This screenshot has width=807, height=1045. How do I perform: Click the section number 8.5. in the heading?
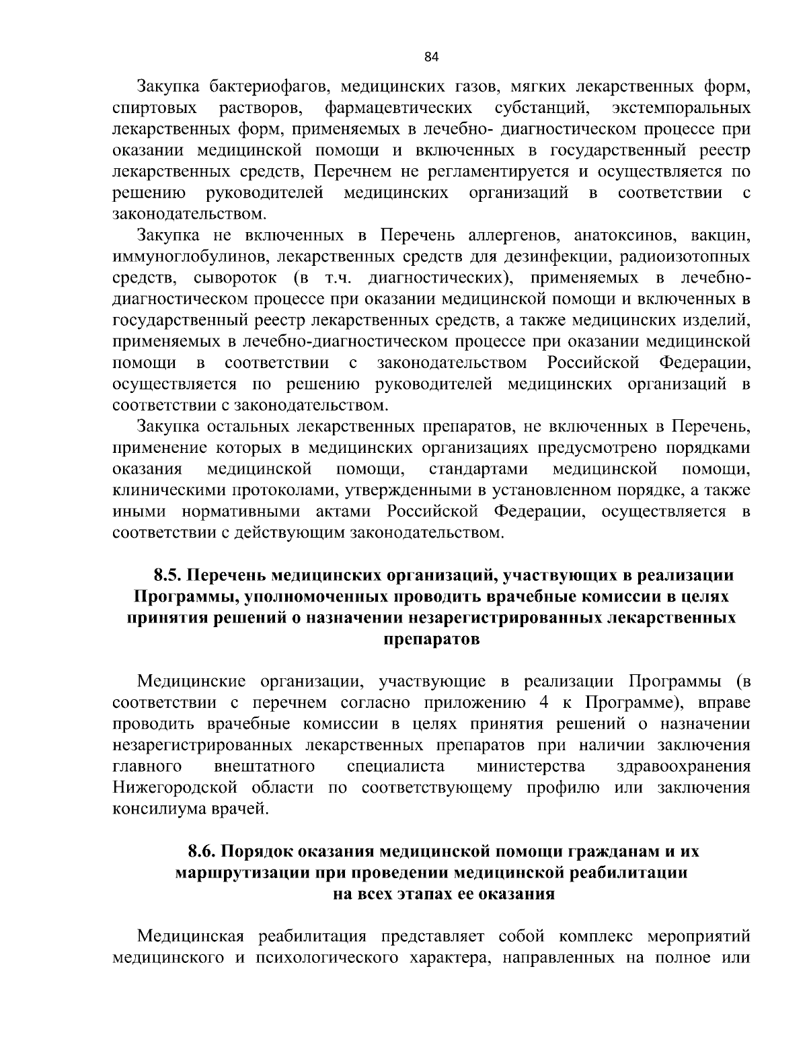click(x=168, y=576)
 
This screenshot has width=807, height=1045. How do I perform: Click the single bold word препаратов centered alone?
click(x=431, y=639)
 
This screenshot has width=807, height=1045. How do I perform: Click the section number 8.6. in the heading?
click(x=202, y=852)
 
